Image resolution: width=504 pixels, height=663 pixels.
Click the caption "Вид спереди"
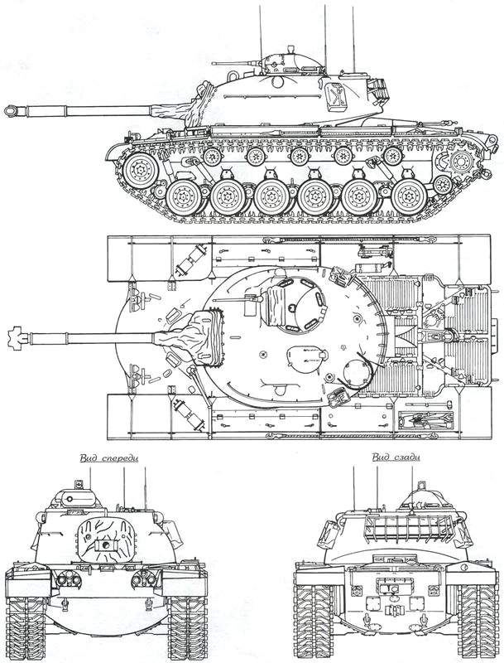pyautogui.click(x=109, y=458)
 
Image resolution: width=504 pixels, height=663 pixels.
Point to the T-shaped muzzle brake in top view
pyautogui.click(x=15, y=338)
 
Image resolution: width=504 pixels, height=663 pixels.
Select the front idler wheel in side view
pyautogui.click(x=140, y=170)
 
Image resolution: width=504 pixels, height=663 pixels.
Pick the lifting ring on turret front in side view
pyautogui.click(x=233, y=75)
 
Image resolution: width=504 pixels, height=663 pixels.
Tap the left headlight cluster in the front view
pyautogui.click(x=69, y=577)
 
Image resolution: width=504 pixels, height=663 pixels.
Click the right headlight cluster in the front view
pyautogui.click(x=144, y=577)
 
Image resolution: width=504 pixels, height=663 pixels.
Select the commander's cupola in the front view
pyautogui.click(x=77, y=498)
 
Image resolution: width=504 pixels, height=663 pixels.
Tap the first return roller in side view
pyautogui.click(x=212, y=157)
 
